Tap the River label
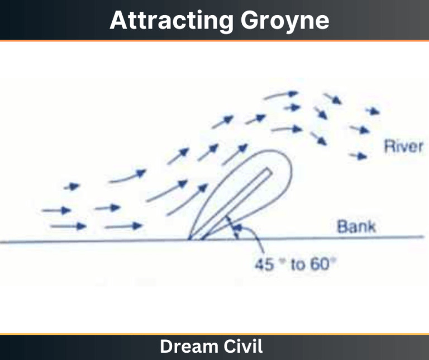[402, 148]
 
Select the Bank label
[356, 227]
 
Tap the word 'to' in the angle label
[297, 264]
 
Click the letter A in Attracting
[117, 21]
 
